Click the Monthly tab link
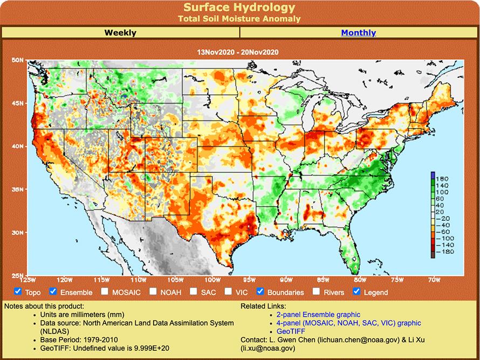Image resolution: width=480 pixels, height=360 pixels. [x=358, y=33]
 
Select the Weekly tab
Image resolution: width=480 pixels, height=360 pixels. [x=120, y=33]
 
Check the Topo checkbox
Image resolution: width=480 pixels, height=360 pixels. [x=18, y=291]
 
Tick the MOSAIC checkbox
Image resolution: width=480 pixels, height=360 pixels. [x=105, y=291]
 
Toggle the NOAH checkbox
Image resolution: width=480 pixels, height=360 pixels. [x=153, y=291]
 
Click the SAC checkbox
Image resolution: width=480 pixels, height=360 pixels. [x=194, y=291]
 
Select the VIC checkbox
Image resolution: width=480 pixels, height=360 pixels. [x=228, y=291]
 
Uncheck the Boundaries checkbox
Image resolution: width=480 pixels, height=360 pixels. [x=260, y=291]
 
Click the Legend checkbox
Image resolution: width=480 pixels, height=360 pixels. [x=356, y=291]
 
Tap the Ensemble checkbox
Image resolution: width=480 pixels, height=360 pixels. [x=53, y=291]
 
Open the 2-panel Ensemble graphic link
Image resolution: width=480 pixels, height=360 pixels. [x=318, y=315]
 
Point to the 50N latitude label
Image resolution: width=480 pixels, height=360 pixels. [x=18, y=60]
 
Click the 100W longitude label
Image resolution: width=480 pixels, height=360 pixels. [x=212, y=280]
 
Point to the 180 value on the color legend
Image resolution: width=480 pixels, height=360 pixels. [x=443, y=178]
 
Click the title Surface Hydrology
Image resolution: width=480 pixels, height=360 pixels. [x=239, y=8]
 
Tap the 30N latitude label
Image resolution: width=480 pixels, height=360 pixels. [x=18, y=233]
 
